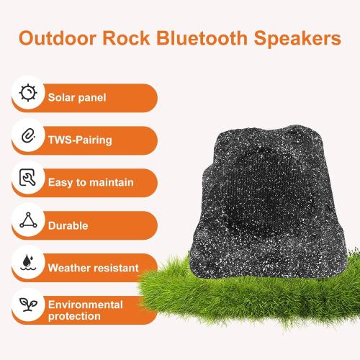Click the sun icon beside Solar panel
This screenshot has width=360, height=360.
pyautogui.click(x=27, y=94)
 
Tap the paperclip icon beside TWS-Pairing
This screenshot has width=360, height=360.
pyautogui.click(x=27, y=137)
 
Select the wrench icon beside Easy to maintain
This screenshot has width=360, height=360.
pyautogui.click(x=27, y=179)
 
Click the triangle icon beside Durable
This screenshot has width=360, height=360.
pyautogui.click(x=27, y=222)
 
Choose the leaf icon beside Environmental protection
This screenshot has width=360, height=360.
pyautogui.click(x=27, y=307)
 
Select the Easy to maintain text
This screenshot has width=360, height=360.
pyautogui.click(x=91, y=183)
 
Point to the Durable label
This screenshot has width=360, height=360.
pyautogui.click(x=68, y=225)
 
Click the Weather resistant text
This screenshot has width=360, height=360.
pyautogui.click(x=93, y=268)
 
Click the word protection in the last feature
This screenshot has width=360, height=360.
pyautogui.click(x=75, y=317)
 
